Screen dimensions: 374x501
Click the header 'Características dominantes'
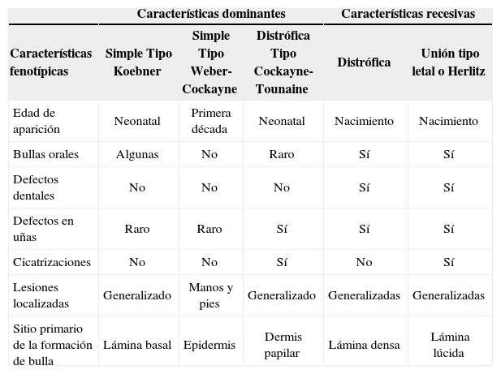coord(210,14)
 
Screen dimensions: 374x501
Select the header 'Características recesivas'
coord(408,14)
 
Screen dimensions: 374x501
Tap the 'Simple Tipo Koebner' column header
coord(137,62)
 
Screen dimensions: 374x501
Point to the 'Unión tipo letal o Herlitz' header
coord(448,62)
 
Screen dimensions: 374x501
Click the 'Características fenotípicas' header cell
coord(51,62)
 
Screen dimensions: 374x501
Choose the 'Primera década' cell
coord(209,121)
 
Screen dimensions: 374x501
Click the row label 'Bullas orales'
coord(41,154)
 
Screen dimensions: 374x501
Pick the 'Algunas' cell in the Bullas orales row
coord(137,154)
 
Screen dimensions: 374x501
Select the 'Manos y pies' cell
coord(209,295)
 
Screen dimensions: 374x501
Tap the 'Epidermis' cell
coord(209,345)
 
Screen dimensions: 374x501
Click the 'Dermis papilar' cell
coord(281,345)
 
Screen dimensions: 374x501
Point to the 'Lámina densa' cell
coord(364,345)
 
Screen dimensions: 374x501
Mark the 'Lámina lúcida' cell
coord(449,345)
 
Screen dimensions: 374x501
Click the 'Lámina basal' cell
coord(137,345)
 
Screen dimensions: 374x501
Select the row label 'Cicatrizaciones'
coord(51,263)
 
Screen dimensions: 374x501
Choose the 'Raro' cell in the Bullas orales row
coord(281,154)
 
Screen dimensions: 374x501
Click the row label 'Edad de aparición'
coord(37,121)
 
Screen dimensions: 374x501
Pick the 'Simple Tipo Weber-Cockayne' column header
coord(209,62)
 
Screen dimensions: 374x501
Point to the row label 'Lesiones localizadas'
coord(41,295)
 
